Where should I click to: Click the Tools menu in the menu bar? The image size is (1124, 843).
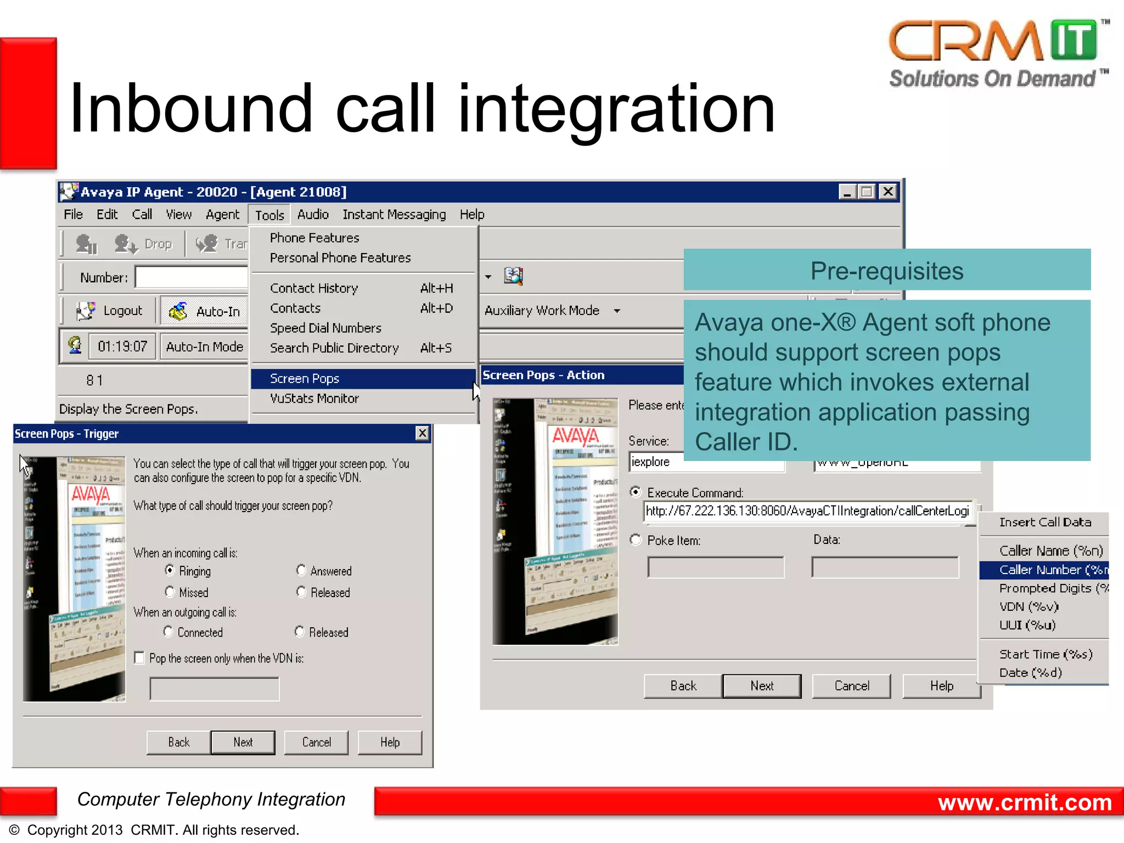coord(269,215)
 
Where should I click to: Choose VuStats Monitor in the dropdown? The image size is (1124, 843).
coord(314,398)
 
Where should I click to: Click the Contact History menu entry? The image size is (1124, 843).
coord(314,288)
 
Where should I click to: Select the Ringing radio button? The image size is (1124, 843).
coord(170,570)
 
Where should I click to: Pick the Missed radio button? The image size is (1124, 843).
coord(170,592)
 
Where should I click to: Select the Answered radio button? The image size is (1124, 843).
coord(301,570)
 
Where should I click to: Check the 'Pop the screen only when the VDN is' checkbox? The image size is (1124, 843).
coord(139,657)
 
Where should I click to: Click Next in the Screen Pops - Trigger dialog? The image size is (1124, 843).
coord(243,742)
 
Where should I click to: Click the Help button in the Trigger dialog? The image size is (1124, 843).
coord(390,742)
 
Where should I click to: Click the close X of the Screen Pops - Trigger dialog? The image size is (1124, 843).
coord(422,433)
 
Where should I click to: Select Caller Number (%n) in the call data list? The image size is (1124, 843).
coord(1043,570)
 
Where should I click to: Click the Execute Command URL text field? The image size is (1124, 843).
coord(807,511)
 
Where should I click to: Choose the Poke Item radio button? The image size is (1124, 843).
coord(636,540)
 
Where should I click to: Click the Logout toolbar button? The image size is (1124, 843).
coord(110,311)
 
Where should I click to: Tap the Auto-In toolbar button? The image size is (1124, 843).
coord(205,311)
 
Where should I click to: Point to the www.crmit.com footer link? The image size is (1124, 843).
coord(1025,802)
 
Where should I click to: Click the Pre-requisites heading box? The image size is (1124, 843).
coord(886,270)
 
